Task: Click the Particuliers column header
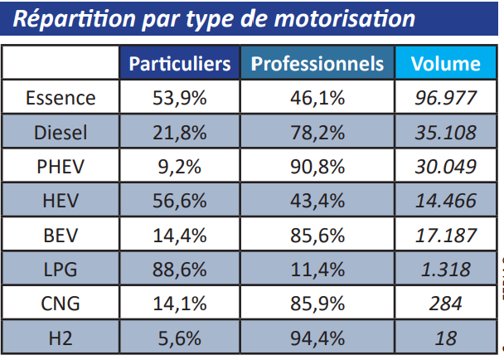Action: coord(179,64)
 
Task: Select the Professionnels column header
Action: coord(317,64)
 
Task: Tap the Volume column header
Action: coord(445,64)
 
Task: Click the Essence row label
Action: coord(61,98)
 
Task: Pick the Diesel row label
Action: coord(61,133)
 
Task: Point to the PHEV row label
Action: coord(61,167)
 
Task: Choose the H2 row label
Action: coord(61,338)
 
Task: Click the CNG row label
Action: coord(61,304)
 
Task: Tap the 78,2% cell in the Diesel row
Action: coord(317,133)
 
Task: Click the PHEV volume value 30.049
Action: coord(446,167)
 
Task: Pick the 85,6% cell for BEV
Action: coord(317,235)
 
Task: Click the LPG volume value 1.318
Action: coord(446,270)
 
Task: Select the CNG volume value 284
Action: coord(446,304)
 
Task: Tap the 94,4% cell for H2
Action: coord(317,338)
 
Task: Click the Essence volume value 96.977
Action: coord(446,98)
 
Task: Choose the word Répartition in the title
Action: coord(70,18)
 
